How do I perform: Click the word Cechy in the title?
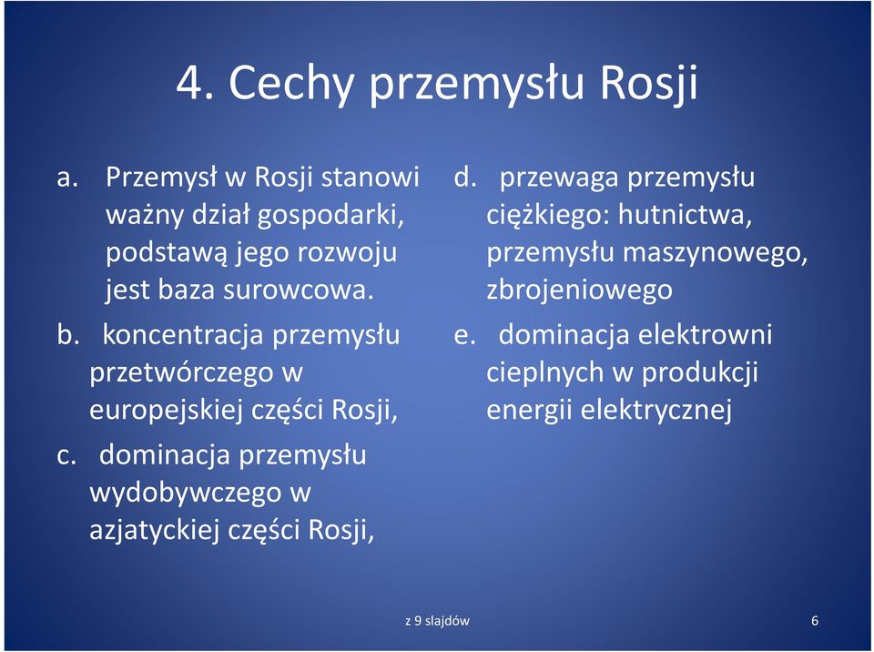[291, 83]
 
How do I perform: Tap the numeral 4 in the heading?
[189, 83]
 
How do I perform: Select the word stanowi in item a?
[371, 177]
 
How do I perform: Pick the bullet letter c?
[66, 456]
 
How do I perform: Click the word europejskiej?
[166, 411]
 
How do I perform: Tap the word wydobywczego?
[185, 493]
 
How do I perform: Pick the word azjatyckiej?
[153, 530]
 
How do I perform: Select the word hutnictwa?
[686, 215]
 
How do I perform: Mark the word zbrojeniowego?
[580, 290]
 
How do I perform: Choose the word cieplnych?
[544, 372]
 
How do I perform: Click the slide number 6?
[814, 621]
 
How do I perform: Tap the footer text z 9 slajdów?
[437, 621]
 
